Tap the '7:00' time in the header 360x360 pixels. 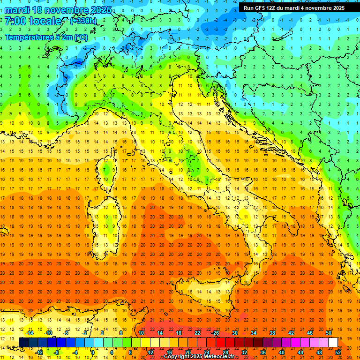[15, 21]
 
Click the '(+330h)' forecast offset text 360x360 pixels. [84, 21]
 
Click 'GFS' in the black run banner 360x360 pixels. [260, 8]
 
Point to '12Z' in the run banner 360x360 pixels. [273, 8]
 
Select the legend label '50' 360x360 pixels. [329, 333]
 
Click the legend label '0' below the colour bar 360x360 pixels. [93, 352]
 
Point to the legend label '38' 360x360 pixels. [272, 333]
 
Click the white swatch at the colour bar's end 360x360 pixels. [333, 342]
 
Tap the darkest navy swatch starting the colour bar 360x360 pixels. [23, 342]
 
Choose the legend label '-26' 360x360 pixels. [215, 333]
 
